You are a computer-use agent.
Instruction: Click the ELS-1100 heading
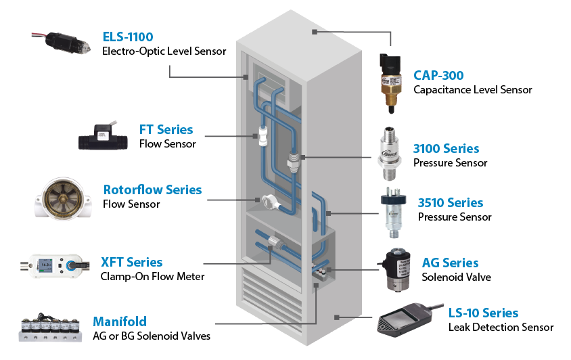click(127, 37)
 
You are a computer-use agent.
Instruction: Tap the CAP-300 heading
click(438, 75)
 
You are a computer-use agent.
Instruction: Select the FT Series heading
click(166, 129)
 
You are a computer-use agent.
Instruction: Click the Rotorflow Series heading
click(152, 189)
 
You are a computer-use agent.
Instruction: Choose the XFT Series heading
click(131, 262)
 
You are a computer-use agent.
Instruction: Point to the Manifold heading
click(120, 321)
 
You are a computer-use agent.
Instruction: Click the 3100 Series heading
click(446, 148)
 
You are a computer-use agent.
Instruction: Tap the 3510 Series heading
click(451, 202)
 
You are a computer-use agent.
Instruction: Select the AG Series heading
click(450, 263)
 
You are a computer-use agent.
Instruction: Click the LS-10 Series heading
click(483, 313)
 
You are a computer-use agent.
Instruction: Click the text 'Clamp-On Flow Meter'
click(152, 276)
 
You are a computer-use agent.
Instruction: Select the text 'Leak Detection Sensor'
click(501, 328)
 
